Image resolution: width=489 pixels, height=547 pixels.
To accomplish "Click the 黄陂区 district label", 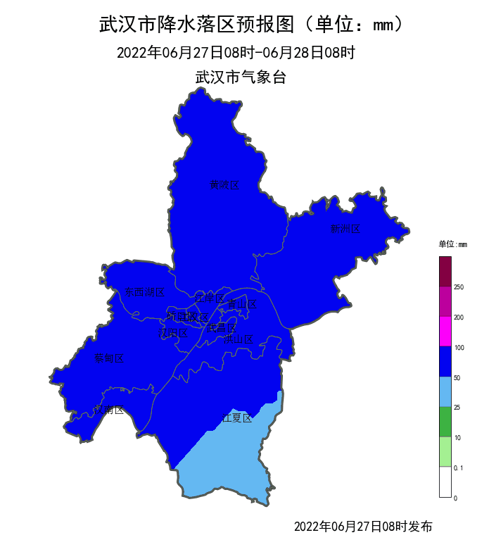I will tap(224, 185).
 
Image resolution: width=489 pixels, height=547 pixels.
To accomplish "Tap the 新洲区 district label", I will tap(345, 229).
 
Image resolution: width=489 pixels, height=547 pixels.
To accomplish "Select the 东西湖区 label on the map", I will tap(144, 292).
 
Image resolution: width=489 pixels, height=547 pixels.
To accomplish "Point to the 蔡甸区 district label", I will tap(109, 358).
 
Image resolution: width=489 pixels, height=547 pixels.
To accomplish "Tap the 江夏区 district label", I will tap(237, 417).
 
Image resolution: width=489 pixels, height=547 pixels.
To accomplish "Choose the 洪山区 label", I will tap(238, 339).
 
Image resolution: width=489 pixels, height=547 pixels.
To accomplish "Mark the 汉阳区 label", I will tap(172, 333).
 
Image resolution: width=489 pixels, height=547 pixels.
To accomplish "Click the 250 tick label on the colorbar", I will tap(459, 287).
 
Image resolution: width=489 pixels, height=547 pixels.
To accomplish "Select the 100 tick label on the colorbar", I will tap(459, 348).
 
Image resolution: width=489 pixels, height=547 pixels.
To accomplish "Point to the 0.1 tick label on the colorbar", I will tap(459, 467).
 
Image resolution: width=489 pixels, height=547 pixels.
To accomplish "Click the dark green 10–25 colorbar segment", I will tap(445, 422).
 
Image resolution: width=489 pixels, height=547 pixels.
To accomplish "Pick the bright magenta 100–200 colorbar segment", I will tap(445, 332).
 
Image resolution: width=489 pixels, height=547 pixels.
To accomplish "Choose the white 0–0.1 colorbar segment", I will tap(445, 482).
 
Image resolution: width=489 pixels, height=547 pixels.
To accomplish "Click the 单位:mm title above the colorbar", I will tap(452, 244).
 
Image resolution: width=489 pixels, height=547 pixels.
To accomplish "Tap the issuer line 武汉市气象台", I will tap(241, 77).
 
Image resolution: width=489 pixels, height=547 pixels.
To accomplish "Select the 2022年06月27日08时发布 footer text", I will tap(362, 527).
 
